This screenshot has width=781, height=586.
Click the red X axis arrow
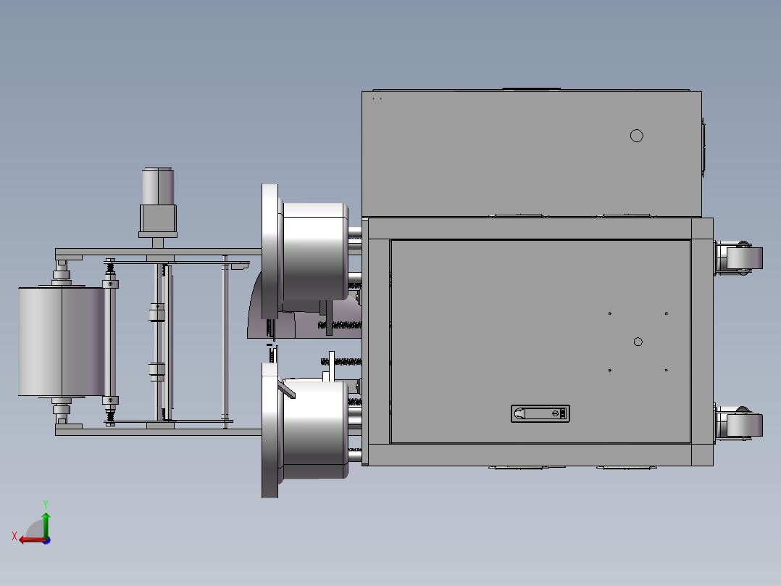coord(33,540)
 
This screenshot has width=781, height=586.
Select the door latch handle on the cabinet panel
coord(540,413)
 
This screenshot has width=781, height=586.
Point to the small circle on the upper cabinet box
coord(637,136)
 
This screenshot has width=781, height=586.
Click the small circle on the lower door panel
coord(638,342)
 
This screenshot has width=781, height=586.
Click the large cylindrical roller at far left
coord(62,342)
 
